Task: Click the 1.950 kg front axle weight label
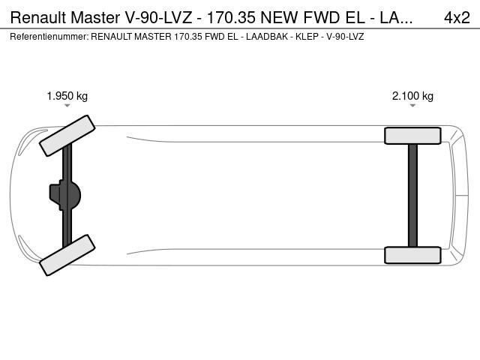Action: click(x=67, y=96)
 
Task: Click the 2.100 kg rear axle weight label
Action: click(x=412, y=96)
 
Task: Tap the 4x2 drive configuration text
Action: click(x=457, y=18)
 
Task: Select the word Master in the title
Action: click(x=95, y=18)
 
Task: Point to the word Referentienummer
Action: click(x=49, y=37)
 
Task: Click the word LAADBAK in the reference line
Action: click(x=267, y=37)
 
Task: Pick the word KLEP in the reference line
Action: click(x=307, y=37)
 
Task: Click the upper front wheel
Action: click(x=67, y=136)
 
